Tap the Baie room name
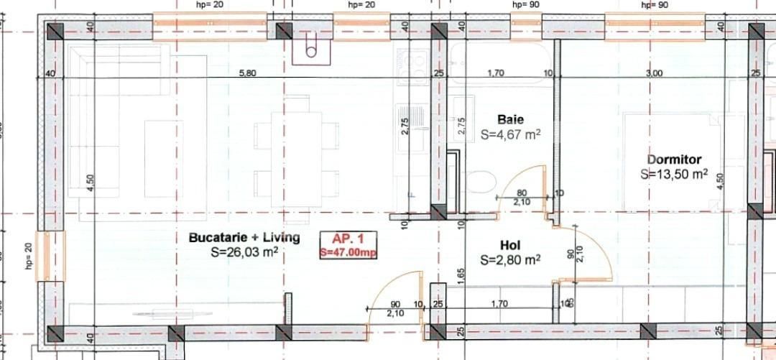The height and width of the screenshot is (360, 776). (x=511, y=119)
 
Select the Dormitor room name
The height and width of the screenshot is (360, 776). (x=674, y=160)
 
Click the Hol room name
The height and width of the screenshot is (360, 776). (x=510, y=244)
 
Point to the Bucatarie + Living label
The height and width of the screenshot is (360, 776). (x=244, y=238)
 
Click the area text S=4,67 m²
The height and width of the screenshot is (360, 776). (x=510, y=134)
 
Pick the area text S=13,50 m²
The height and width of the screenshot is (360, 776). (x=674, y=174)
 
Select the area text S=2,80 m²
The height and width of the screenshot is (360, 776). (x=510, y=259)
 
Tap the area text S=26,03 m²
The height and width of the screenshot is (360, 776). (x=244, y=252)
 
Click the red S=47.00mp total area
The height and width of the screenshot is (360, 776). (x=348, y=252)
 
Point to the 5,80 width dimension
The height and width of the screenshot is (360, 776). (x=247, y=73)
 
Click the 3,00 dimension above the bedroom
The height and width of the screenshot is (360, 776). (x=654, y=73)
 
